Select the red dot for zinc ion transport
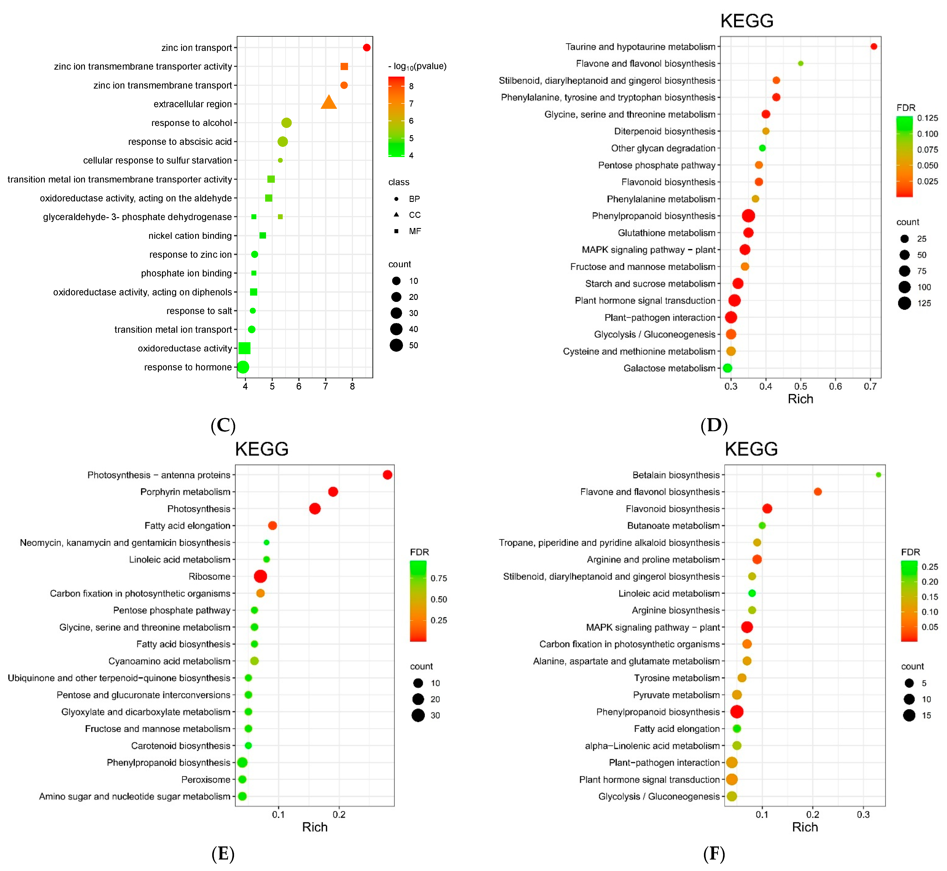[367, 48]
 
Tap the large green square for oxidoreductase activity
[244, 348]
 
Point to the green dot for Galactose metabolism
[727, 368]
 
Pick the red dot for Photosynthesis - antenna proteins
[387, 475]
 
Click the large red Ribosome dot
[260, 576]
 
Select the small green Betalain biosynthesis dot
[878, 475]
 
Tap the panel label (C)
[223, 426]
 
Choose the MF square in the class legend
[396, 231]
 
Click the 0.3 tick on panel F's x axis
[863, 814]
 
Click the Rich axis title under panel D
[801, 399]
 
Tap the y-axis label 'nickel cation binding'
[190, 236]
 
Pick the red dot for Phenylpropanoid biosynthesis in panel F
[737, 712]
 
